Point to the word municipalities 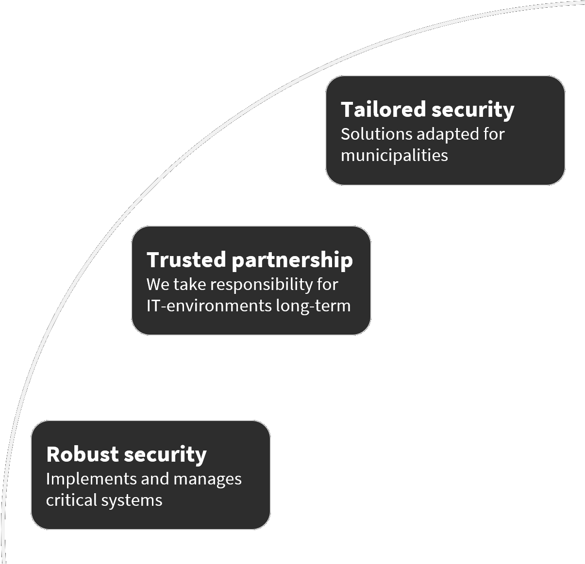tap(394, 156)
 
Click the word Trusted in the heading tap(186, 260)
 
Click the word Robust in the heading tap(82, 454)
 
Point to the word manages tap(207, 480)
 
